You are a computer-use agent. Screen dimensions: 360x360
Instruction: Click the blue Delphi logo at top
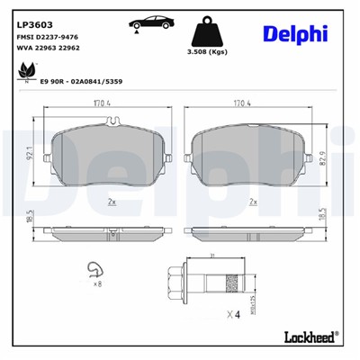(295, 34)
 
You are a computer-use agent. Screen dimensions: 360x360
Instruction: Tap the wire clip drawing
(92, 270)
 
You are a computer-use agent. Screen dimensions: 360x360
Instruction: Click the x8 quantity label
(98, 285)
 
